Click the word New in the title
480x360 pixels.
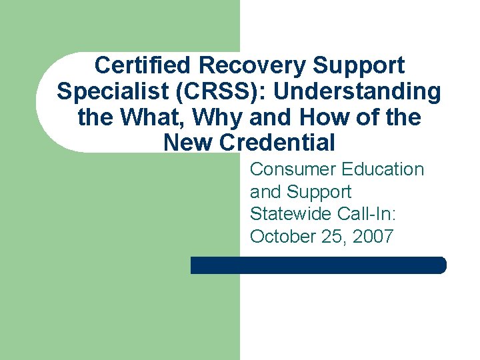[188, 143]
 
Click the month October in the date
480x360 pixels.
[280, 237]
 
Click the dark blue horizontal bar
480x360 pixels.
[318, 265]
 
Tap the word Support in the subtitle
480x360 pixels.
[319, 192]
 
